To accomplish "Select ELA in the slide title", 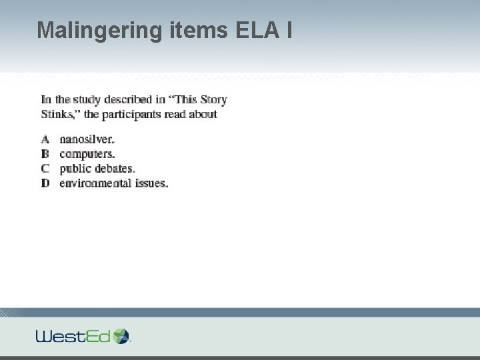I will click(256, 30).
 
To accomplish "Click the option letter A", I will click(45, 140).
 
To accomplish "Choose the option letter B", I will click(45, 154).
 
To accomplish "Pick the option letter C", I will click(45, 169).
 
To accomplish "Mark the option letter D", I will click(45, 183).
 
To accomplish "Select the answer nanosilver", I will click(87, 140).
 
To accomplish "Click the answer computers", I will click(87, 154).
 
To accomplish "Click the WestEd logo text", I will click(73, 336).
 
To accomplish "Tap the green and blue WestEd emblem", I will click(122, 335).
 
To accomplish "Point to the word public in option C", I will click(75, 169).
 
